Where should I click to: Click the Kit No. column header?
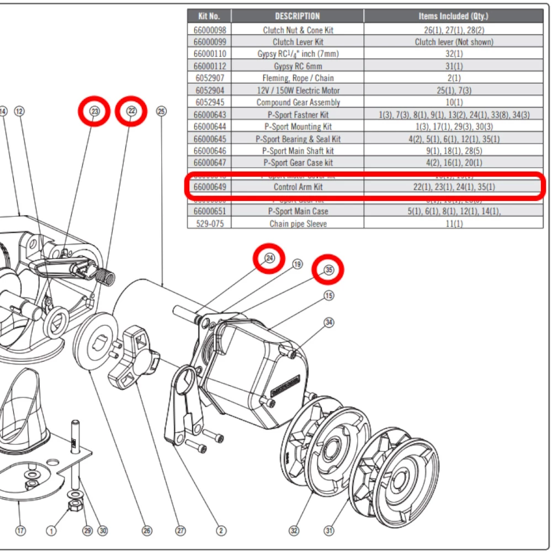pyautogui.click(x=209, y=16)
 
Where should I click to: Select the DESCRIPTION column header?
pyautogui.click(x=298, y=16)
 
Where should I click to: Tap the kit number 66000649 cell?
pyautogui.click(x=209, y=187)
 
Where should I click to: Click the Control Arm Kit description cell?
pyautogui.click(x=298, y=187)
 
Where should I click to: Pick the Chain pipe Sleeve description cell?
pyautogui.click(x=298, y=224)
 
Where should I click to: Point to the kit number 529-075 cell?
pyautogui.click(x=209, y=224)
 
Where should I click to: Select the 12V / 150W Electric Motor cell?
pyautogui.click(x=298, y=90)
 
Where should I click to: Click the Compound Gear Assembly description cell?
pyautogui.click(x=298, y=102)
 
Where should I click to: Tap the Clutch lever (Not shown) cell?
pyautogui.click(x=454, y=41)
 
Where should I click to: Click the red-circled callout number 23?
pyautogui.click(x=95, y=112)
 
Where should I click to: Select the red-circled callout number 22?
pyautogui.click(x=131, y=112)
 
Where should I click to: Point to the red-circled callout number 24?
pyautogui.click(x=269, y=258)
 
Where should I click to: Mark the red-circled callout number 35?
pyautogui.click(x=328, y=270)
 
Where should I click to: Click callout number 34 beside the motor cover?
pyautogui.click(x=329, y=322)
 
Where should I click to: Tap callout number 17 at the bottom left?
pyautogui.click(x=20, y=531)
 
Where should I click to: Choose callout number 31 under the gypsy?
pyautogui.click(x=329, y=531)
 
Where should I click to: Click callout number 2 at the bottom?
pyautogui.click(x=221, y=531)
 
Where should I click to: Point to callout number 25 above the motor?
pyautogui.click(x=161, y=112)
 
